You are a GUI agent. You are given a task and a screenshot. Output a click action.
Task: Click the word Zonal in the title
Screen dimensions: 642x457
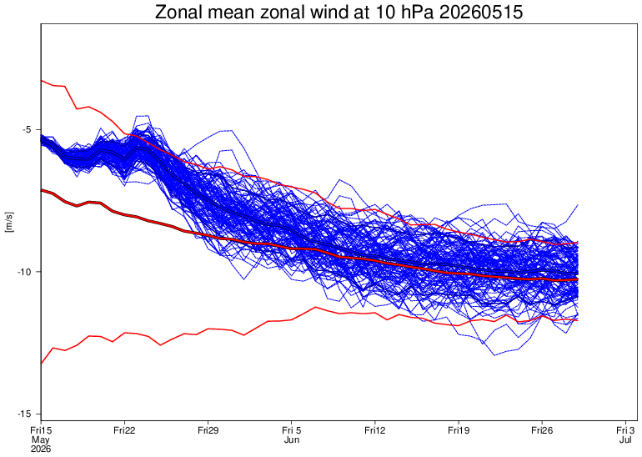click(179, 13)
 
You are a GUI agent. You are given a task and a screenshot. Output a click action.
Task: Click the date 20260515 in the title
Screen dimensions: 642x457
click(481, 13)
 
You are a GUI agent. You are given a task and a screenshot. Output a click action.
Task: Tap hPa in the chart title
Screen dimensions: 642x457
click(418, 13)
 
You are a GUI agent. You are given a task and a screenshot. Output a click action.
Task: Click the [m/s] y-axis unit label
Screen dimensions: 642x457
click(9, 223)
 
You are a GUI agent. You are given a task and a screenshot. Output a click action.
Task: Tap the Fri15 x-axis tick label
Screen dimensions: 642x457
click(41, 430)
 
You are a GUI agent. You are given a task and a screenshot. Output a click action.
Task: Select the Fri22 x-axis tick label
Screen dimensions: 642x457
click(124, 430)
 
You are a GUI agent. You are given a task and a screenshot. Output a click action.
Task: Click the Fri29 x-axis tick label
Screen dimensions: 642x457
click(208, 430)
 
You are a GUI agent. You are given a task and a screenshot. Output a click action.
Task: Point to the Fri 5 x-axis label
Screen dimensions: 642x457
click(292, 430)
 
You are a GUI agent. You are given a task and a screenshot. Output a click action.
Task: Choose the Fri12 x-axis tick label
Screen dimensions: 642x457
click(374, 430)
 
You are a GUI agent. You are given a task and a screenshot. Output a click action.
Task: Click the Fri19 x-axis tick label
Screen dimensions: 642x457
click(459, 430)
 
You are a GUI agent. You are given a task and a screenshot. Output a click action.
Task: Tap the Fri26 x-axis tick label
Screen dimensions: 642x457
click(542, 430)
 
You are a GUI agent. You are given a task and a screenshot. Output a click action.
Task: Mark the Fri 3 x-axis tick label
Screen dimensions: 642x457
click(625, 430)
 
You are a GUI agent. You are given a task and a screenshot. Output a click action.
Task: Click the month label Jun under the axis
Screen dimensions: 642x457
click(292, 439)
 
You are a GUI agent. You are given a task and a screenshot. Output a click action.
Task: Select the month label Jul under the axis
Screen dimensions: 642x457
click(625, 439)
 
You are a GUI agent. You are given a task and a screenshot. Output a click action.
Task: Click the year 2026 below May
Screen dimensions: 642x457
click(41, 449)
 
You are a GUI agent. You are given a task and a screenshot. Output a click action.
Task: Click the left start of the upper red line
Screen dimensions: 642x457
click(42, 81)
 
